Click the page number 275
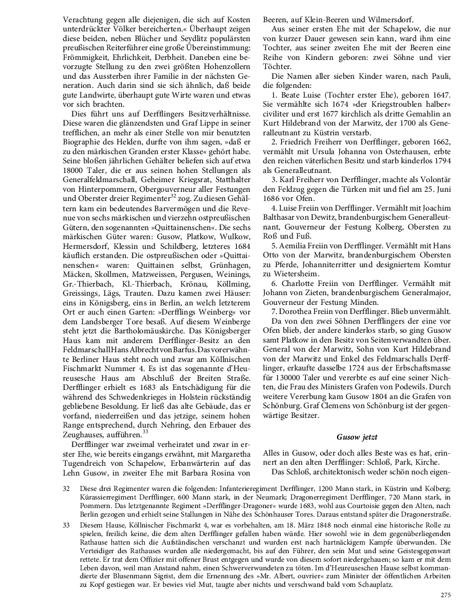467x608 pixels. click(x=446, y=595)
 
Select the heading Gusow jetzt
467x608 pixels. click(x=357, y=437)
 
